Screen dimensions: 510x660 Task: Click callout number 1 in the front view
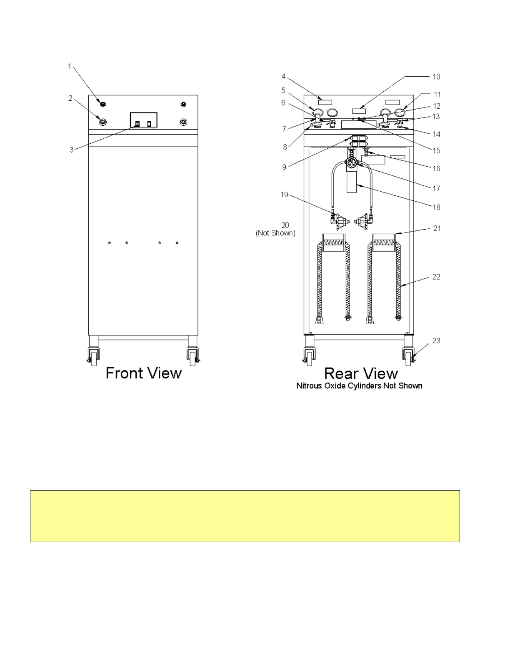pos(70,66)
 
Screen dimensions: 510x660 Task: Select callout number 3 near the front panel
pos(72,150)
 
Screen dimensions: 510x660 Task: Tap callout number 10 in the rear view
pos(436,77)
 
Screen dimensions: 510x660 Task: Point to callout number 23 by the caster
pos(436,341)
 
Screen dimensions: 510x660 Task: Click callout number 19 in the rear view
pos(284,195)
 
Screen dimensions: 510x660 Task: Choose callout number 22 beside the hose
pos(436,277)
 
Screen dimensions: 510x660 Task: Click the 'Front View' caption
pos(144,373)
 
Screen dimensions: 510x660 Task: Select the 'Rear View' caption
pos(361,373)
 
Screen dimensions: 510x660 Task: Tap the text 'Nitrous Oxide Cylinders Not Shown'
pos(359,386)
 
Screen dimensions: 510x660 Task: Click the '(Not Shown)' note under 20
pos(275,233)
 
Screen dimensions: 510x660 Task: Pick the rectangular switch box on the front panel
pos(144,120)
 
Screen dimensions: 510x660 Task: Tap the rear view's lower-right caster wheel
pos(408,357)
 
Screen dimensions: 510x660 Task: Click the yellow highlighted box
pos(245,516)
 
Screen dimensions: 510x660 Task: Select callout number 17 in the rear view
pos(436,188)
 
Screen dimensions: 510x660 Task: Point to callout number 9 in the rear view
pos(284,167)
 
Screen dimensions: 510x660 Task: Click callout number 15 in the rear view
pos(436,150)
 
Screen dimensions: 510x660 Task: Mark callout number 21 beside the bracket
pos(437,228)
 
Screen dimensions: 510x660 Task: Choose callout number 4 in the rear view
pos(283,76)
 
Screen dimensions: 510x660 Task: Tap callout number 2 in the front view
pos(70,98)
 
